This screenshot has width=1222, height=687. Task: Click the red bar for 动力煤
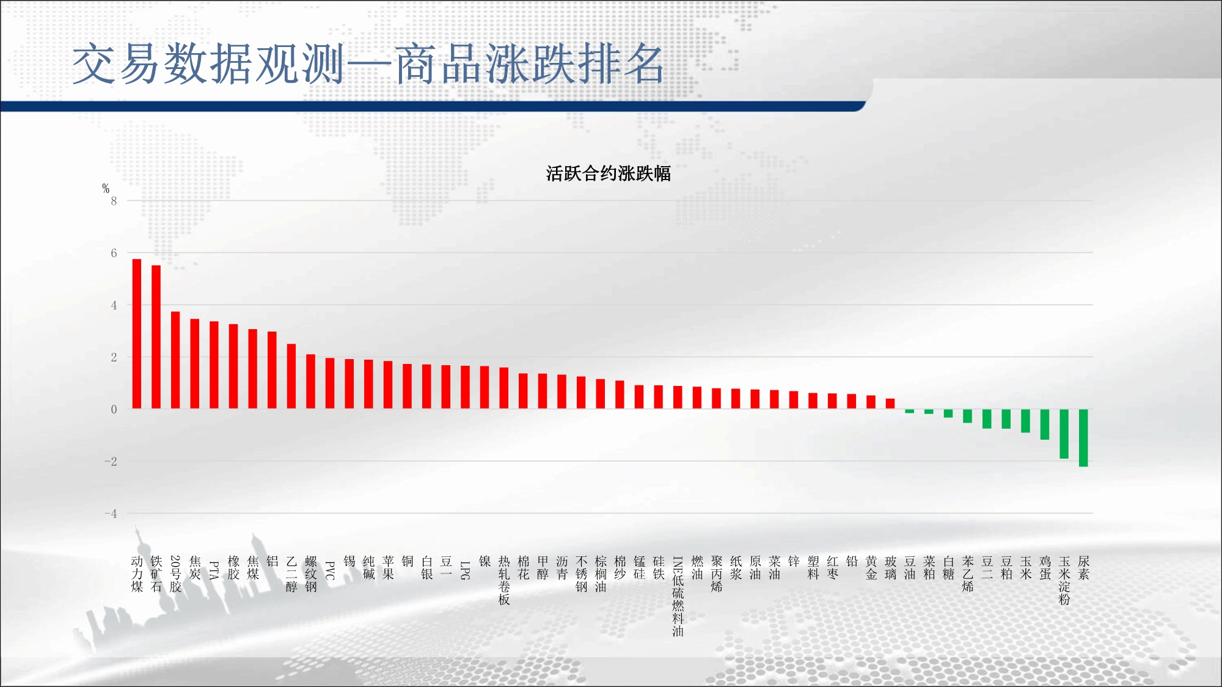point(137,334)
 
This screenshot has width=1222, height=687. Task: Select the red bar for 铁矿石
point(156,337)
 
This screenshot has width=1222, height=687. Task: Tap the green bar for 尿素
point(1083,438)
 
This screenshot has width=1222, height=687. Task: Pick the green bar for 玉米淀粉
point(1064,434)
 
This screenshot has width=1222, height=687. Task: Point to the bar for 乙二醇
point(291,376)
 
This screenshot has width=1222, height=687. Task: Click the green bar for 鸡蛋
point(1045,424)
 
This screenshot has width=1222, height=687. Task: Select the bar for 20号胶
point(175,360)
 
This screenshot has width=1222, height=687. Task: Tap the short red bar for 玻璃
point(890,404)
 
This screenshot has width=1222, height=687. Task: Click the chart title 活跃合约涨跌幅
point(609,173)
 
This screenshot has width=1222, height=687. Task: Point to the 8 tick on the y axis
point(114,201)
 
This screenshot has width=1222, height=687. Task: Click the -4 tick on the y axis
point(111,514)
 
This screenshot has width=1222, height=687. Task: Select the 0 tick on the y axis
point(114,409)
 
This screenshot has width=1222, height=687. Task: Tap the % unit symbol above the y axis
point(106,188)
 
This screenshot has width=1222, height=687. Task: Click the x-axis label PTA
point(214,570)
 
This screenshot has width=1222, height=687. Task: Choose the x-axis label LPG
point(465,570)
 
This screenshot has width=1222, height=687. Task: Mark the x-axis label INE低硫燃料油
point(678,596)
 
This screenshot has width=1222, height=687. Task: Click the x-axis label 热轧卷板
point(504,580)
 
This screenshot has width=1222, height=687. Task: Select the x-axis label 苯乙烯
point(968,574)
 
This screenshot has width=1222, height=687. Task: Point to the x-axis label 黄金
point(871,568)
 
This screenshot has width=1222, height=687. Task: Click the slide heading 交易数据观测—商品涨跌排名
point(368,64)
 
